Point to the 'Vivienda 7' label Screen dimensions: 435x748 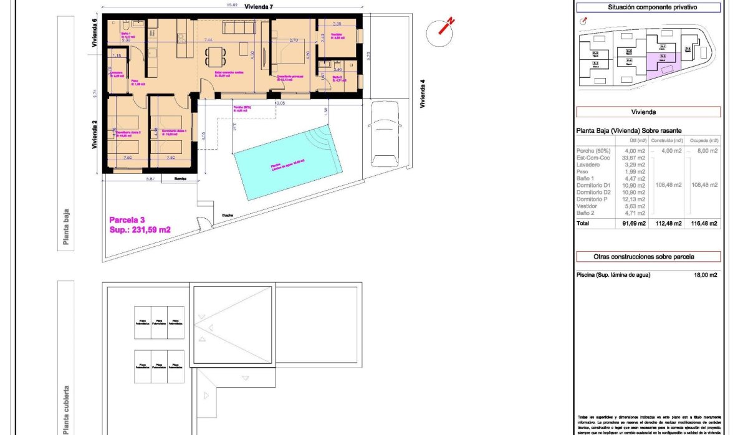coord(259,6)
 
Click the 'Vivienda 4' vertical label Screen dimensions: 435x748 coord(422,93)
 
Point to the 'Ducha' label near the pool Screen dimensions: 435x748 coord(228,215)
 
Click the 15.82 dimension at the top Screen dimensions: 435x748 coord(214,5)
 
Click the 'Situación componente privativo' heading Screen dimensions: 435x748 coord(648,8)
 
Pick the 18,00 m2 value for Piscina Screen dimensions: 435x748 coord(705,275)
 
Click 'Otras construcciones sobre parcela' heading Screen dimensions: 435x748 coord(648,256)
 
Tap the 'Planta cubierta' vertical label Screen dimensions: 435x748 coord(66,408)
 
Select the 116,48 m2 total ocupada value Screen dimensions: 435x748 coord(704,223)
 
